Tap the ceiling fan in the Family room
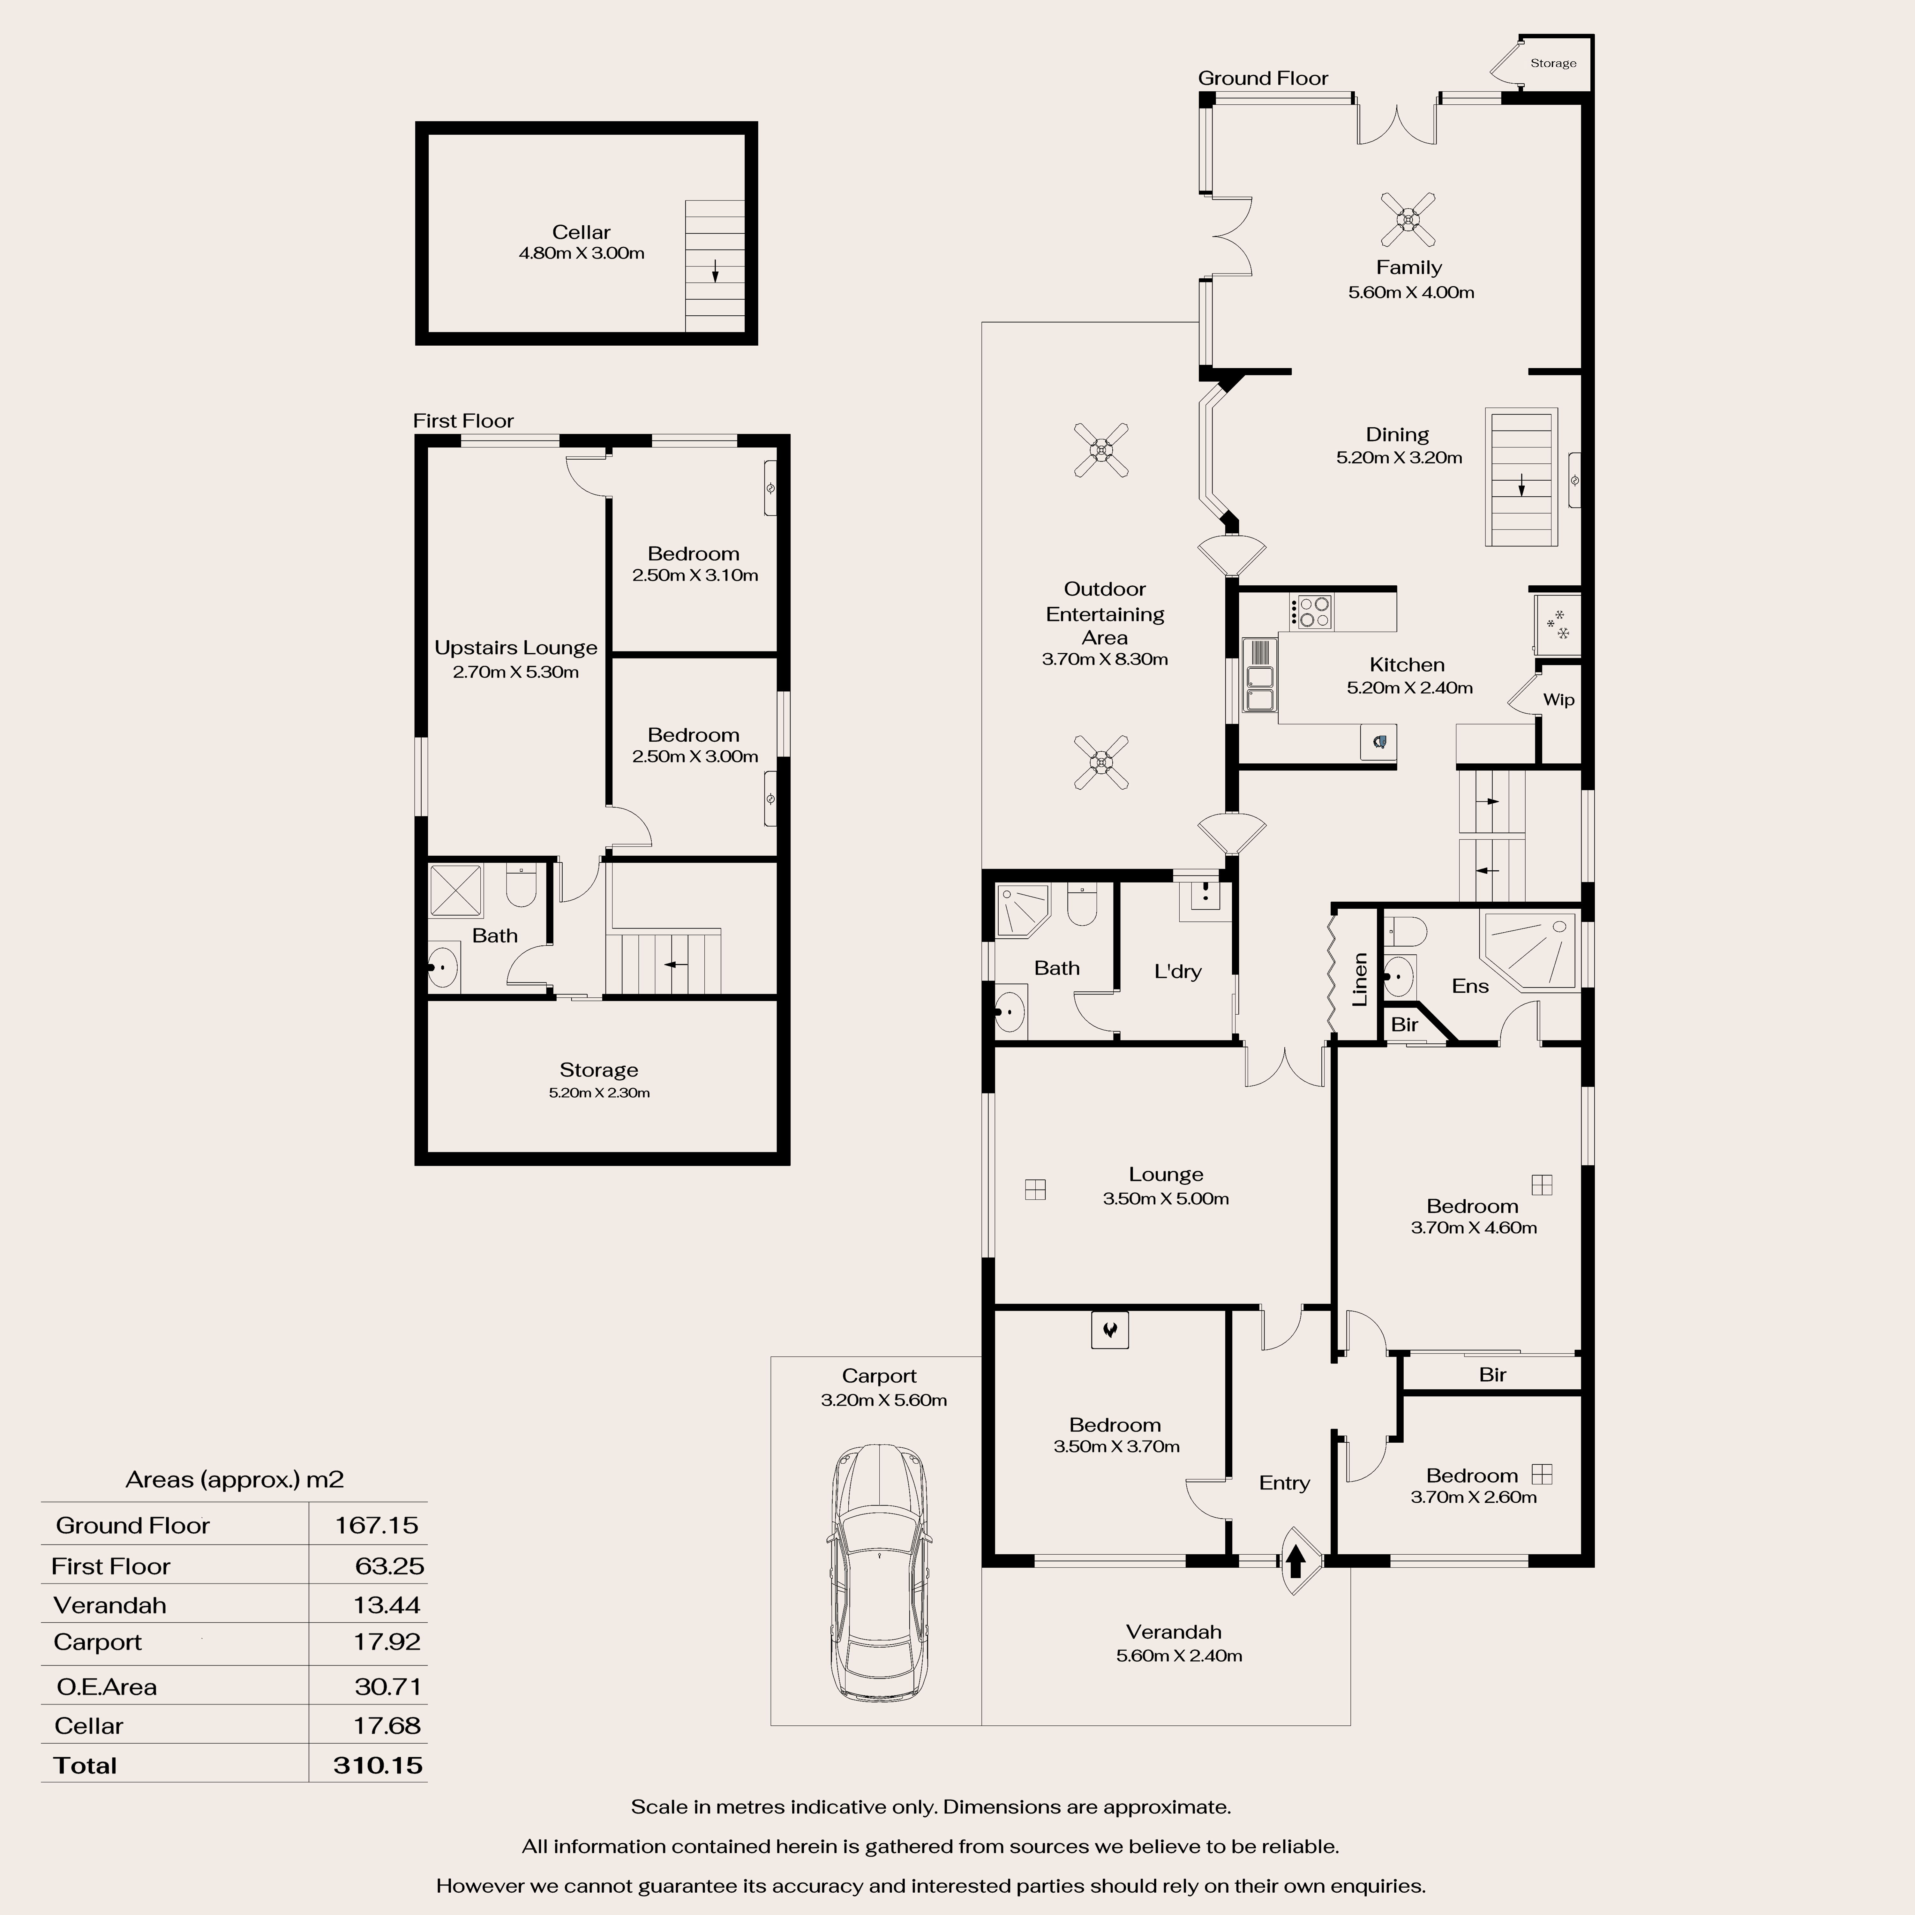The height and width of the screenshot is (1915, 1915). (1408, 219)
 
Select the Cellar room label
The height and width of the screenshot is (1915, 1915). (581, 232)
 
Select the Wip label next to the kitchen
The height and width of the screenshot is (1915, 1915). (1558, 700)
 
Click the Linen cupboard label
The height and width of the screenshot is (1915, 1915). (1360, 979)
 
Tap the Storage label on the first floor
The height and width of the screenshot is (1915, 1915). (599, 1070)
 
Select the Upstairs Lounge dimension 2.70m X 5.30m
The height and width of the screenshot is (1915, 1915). (515, 672)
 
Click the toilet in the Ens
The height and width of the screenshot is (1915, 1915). (1405, 931)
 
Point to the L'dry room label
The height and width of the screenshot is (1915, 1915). (1177, 971)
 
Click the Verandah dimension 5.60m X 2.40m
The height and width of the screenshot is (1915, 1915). (1179, 1655)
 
